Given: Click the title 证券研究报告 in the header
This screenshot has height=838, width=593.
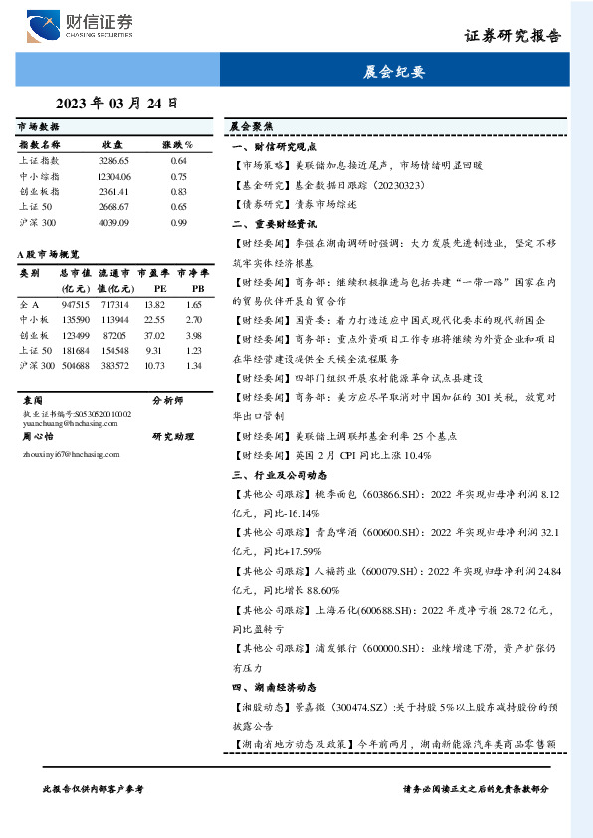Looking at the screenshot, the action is click(512, 35).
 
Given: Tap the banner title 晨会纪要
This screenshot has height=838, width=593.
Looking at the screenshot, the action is click(394, 72).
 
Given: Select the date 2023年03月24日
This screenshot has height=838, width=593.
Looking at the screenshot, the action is click(116, 102).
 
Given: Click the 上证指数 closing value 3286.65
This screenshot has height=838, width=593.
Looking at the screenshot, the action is click(114, 160).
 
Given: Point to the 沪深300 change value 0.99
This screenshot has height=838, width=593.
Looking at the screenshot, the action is click(179, 222).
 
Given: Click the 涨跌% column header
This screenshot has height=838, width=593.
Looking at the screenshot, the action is click(177, 144).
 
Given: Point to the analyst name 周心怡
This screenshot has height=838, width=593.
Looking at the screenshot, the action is click(37, 436).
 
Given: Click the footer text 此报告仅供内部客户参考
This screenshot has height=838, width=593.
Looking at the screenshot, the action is click(94, 788).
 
